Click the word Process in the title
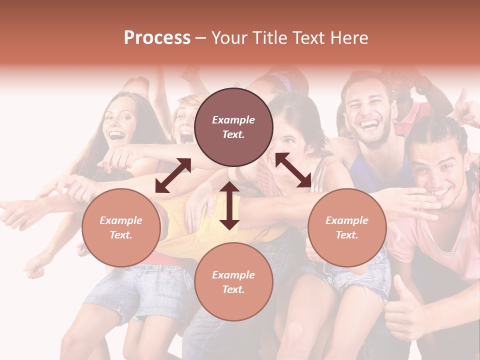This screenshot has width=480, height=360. click(157, 38)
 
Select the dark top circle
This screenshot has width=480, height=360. click(233, 127)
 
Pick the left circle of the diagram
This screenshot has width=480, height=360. click(121, 227)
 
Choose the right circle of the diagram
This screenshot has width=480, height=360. click(347, 227)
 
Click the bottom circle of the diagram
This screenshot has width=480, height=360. click(233, 282)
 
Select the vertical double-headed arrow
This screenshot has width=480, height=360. click(229, 205)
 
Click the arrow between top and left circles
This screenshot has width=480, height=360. click(173, 175)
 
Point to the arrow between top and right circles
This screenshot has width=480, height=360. click(293, 170)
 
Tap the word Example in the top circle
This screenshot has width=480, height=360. click(233, 120)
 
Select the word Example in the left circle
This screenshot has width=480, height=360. click(121, 220)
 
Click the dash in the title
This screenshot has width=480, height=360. click(201, 38)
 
